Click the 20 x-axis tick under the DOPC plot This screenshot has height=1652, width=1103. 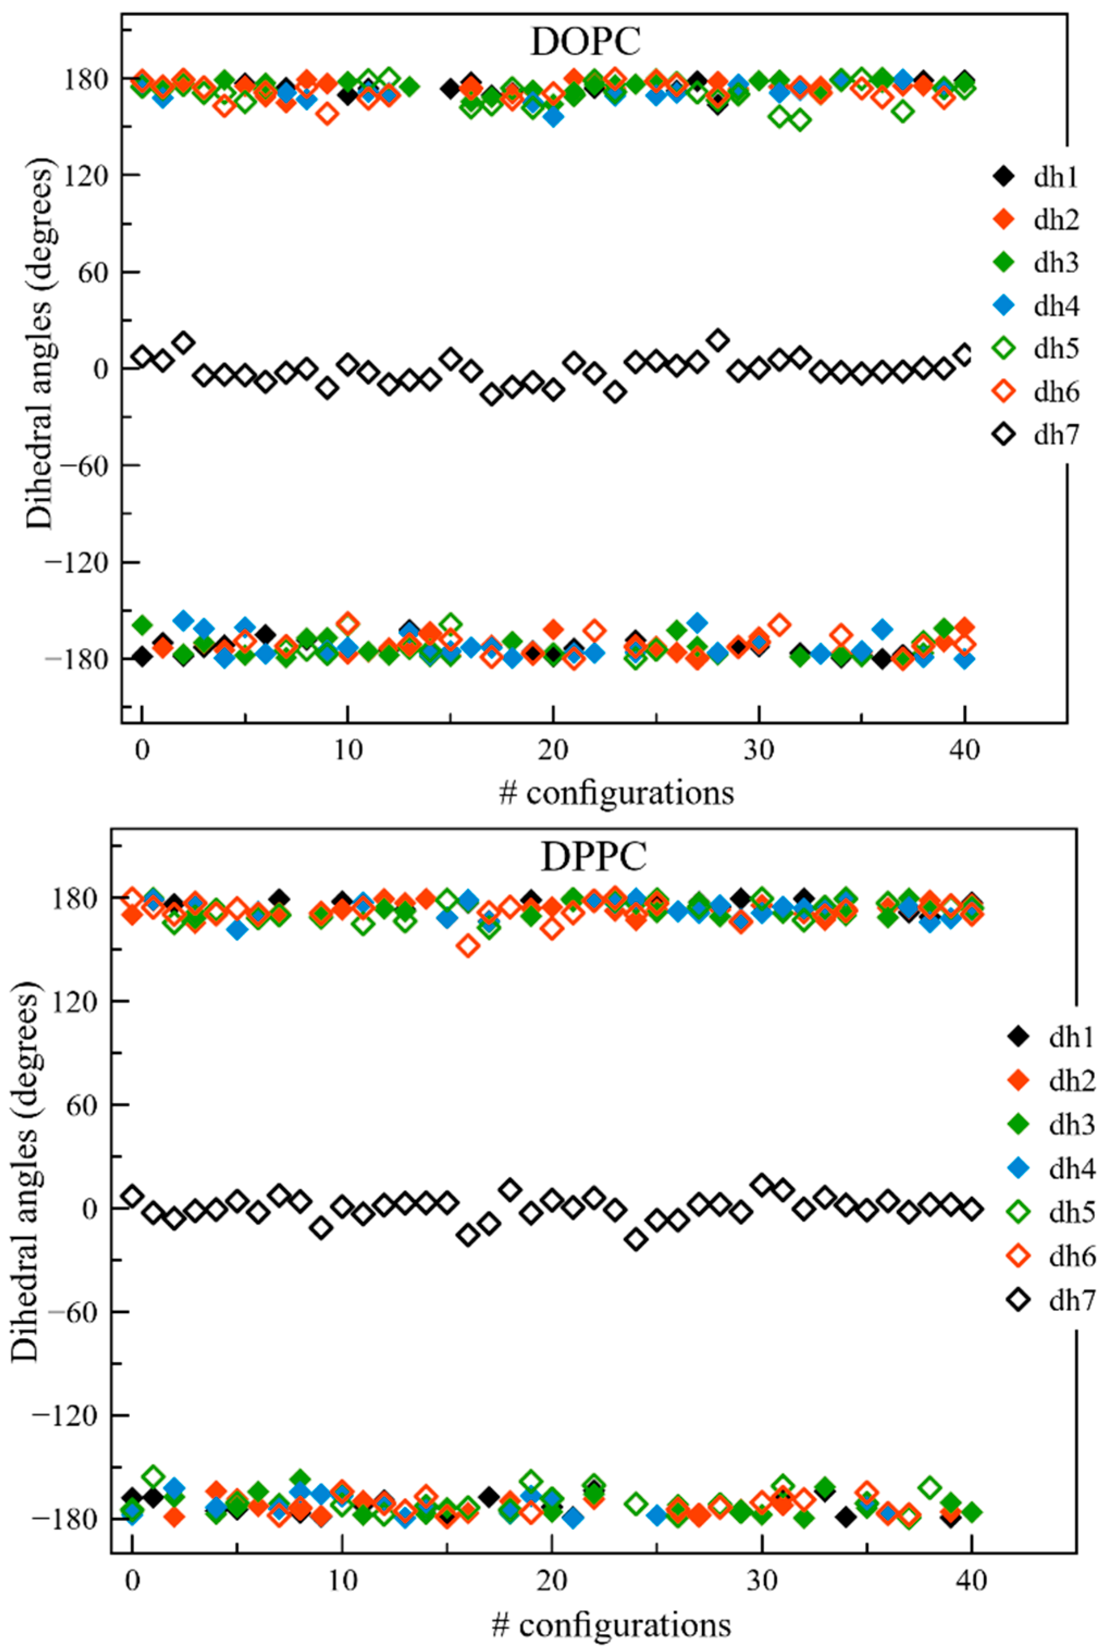[x=553, y=751]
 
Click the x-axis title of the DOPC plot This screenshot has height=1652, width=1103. [x=616, y=793]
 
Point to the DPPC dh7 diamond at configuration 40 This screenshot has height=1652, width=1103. [x=972, y=1209]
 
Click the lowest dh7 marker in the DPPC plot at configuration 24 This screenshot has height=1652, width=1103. [x=636, y=1239]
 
